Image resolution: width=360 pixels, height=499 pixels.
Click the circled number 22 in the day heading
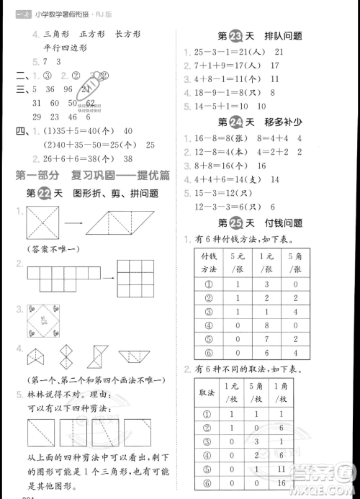44,193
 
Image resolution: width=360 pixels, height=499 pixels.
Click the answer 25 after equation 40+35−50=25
150,144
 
